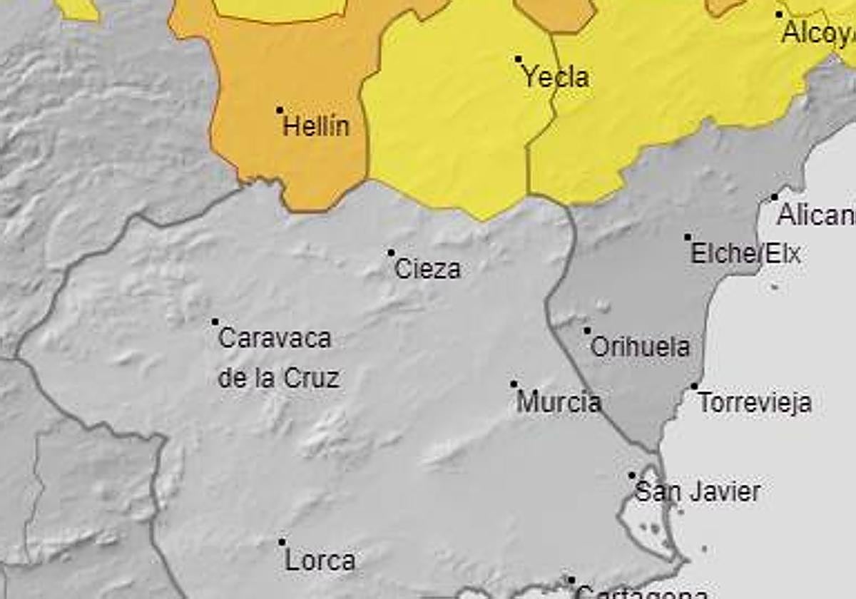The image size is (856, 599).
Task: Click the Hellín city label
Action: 316,127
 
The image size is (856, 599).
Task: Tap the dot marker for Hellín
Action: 280,111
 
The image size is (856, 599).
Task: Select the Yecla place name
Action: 556,77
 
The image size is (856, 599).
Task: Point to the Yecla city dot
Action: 519,59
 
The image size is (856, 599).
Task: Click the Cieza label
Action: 427,270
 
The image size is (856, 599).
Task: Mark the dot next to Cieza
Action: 391,252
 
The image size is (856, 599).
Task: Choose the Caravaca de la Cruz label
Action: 277,358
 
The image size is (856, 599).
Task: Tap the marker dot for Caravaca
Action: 215,322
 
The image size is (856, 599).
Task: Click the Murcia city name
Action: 559,402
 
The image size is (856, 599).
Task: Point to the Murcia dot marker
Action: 514,384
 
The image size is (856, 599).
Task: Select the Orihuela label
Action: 641,347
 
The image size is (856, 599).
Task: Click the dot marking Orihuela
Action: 587,330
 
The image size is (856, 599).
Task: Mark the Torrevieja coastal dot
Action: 694,386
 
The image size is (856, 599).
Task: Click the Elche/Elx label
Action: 745,254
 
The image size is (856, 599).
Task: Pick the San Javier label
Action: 697,492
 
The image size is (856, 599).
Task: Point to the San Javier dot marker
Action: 632,475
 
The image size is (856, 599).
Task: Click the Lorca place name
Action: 320,560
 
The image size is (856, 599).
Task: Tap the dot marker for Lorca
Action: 282,543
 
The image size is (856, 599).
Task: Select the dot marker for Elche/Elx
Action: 688,237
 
